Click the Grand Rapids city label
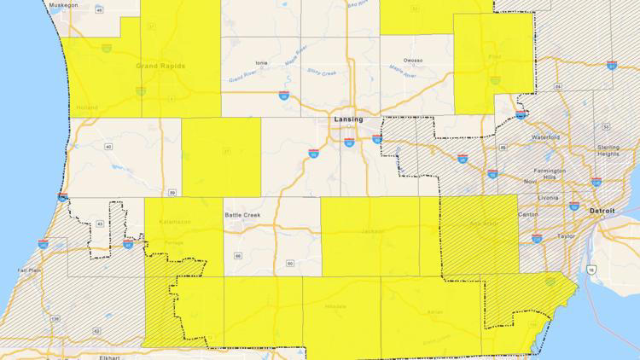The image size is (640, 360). tap(160, 66)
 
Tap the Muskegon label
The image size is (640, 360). tap(62, 4)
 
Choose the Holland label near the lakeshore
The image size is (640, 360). tap(86, 107)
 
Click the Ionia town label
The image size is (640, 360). tap(260, 62)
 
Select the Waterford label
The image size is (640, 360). tap(545, 136)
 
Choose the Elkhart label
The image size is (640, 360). tap(108, 357)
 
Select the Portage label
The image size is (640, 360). tap(173, 242)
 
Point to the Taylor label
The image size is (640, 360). tap(565, 235)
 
